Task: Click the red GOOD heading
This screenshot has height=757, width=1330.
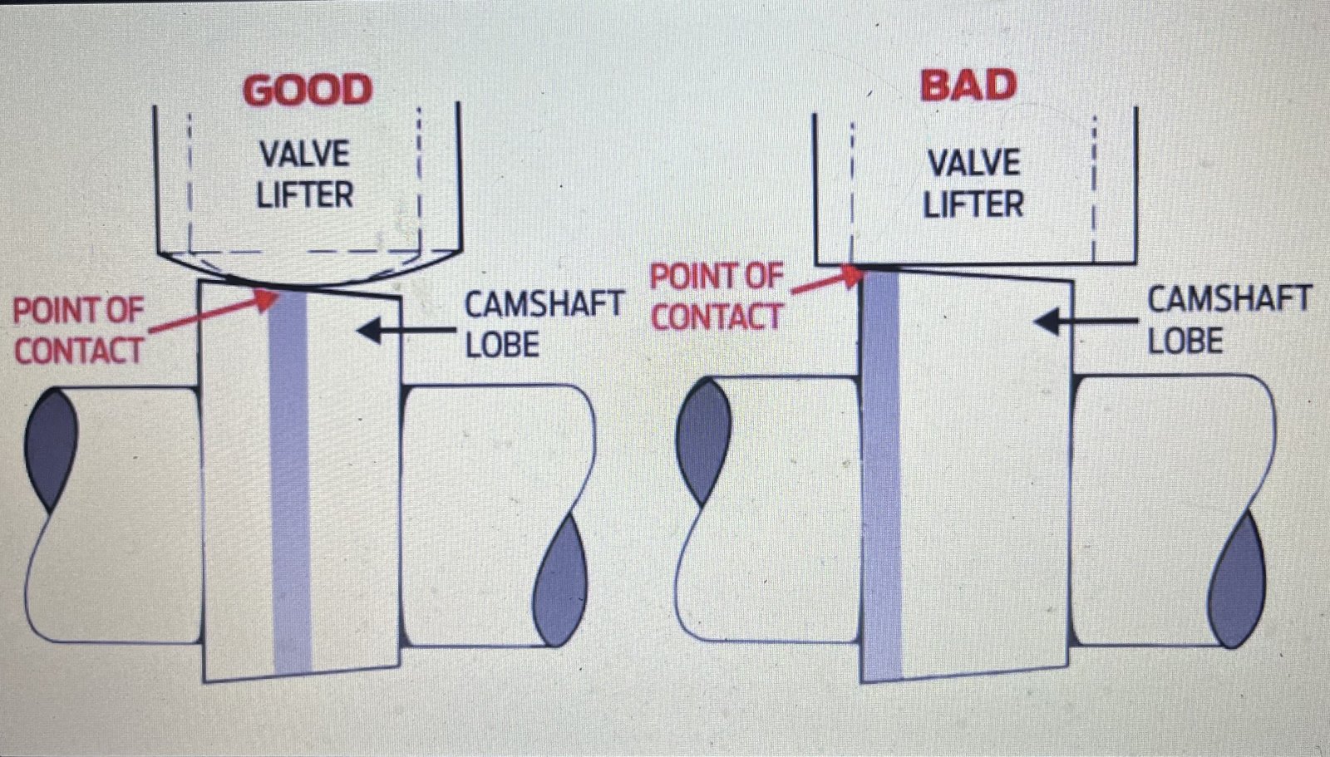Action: (x=307, y=90)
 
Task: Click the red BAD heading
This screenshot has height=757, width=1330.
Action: (x=968, y=86)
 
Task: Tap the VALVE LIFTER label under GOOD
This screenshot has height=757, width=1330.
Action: (x=304, y=175)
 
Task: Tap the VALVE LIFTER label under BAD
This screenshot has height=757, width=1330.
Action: (x=973, y=184)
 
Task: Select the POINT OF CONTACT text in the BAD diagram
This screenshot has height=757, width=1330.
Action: (x=717, y=296)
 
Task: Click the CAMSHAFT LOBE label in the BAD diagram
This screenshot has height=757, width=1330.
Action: (x=1229, y=320)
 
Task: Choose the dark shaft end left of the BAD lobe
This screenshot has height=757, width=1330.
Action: (x=703, y=440)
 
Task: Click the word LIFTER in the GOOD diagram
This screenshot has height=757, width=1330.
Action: (x=304, y=195)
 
